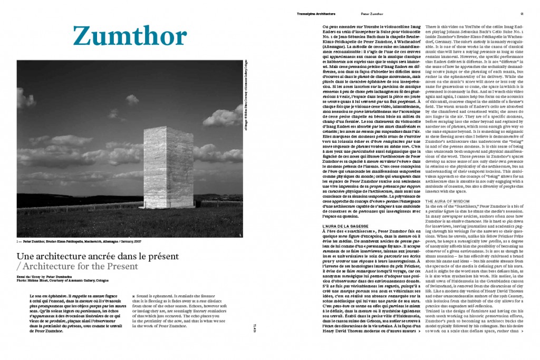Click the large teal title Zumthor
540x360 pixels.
point(129,35)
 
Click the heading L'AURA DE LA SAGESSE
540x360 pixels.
point(343,226)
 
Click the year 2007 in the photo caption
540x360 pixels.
point(138,242)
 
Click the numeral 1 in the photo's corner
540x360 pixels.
point(239,235)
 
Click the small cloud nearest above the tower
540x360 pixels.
point(132,99)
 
